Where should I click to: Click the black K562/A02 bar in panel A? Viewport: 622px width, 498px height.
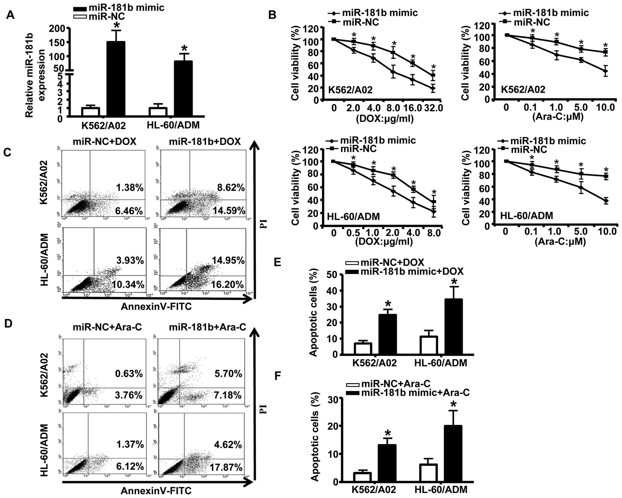click(x=116, y=79)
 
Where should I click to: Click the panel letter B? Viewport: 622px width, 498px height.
click(x=272, y=15)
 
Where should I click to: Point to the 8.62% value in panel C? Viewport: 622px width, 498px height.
click(x=231, y=188)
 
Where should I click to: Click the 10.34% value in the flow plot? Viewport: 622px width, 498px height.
click(x=128, y=284)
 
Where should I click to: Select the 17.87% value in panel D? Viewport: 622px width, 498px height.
click(x=226, y=467)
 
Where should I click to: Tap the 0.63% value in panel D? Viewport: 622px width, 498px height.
click(x=129, y=374)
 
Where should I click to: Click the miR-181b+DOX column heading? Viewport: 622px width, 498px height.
click(x=205, y=142)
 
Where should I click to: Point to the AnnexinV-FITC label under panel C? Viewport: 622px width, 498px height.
click(x=156, y=306)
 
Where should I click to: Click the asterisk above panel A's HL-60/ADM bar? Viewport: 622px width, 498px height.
click(x=184, y=49)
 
